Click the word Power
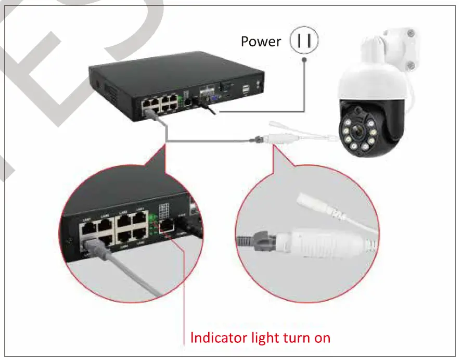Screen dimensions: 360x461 point(260,42)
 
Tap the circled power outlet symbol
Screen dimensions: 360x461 point(304,42)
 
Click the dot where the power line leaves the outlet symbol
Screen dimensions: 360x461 point(304,59)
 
